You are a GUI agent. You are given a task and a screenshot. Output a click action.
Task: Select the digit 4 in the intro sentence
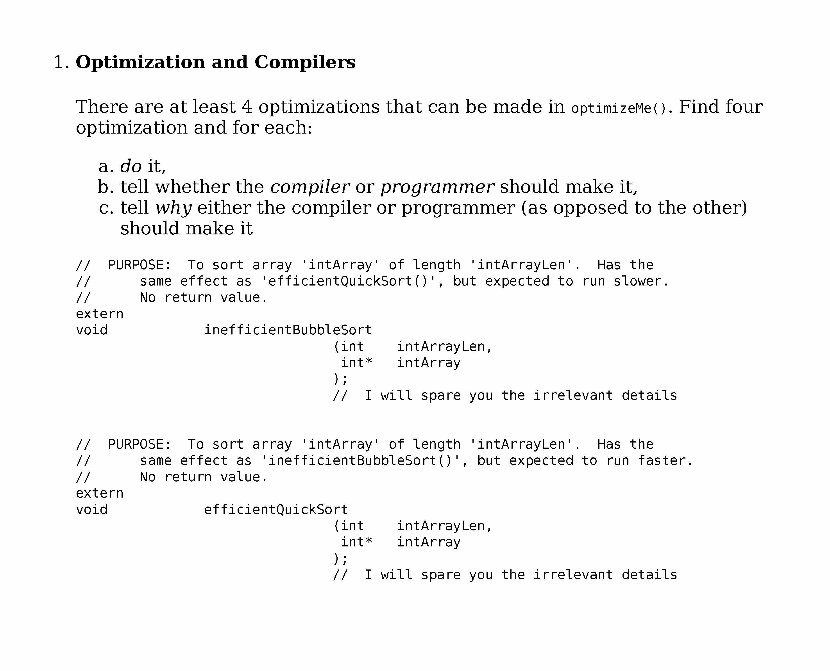click(x=247, y=107)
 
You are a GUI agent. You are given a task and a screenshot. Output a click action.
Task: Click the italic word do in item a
click(x=131, y=166)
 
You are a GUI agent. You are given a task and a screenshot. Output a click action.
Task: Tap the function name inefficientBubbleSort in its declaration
click(x=288, y=330)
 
